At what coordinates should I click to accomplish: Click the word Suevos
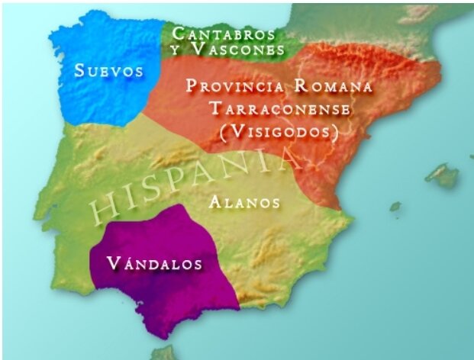pos(109,72)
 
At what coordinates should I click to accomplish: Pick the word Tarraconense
pos(279,109)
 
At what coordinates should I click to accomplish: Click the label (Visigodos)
pos(279,132)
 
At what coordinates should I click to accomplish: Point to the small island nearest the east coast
pos(395,206)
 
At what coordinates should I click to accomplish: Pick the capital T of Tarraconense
pos(214,109)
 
